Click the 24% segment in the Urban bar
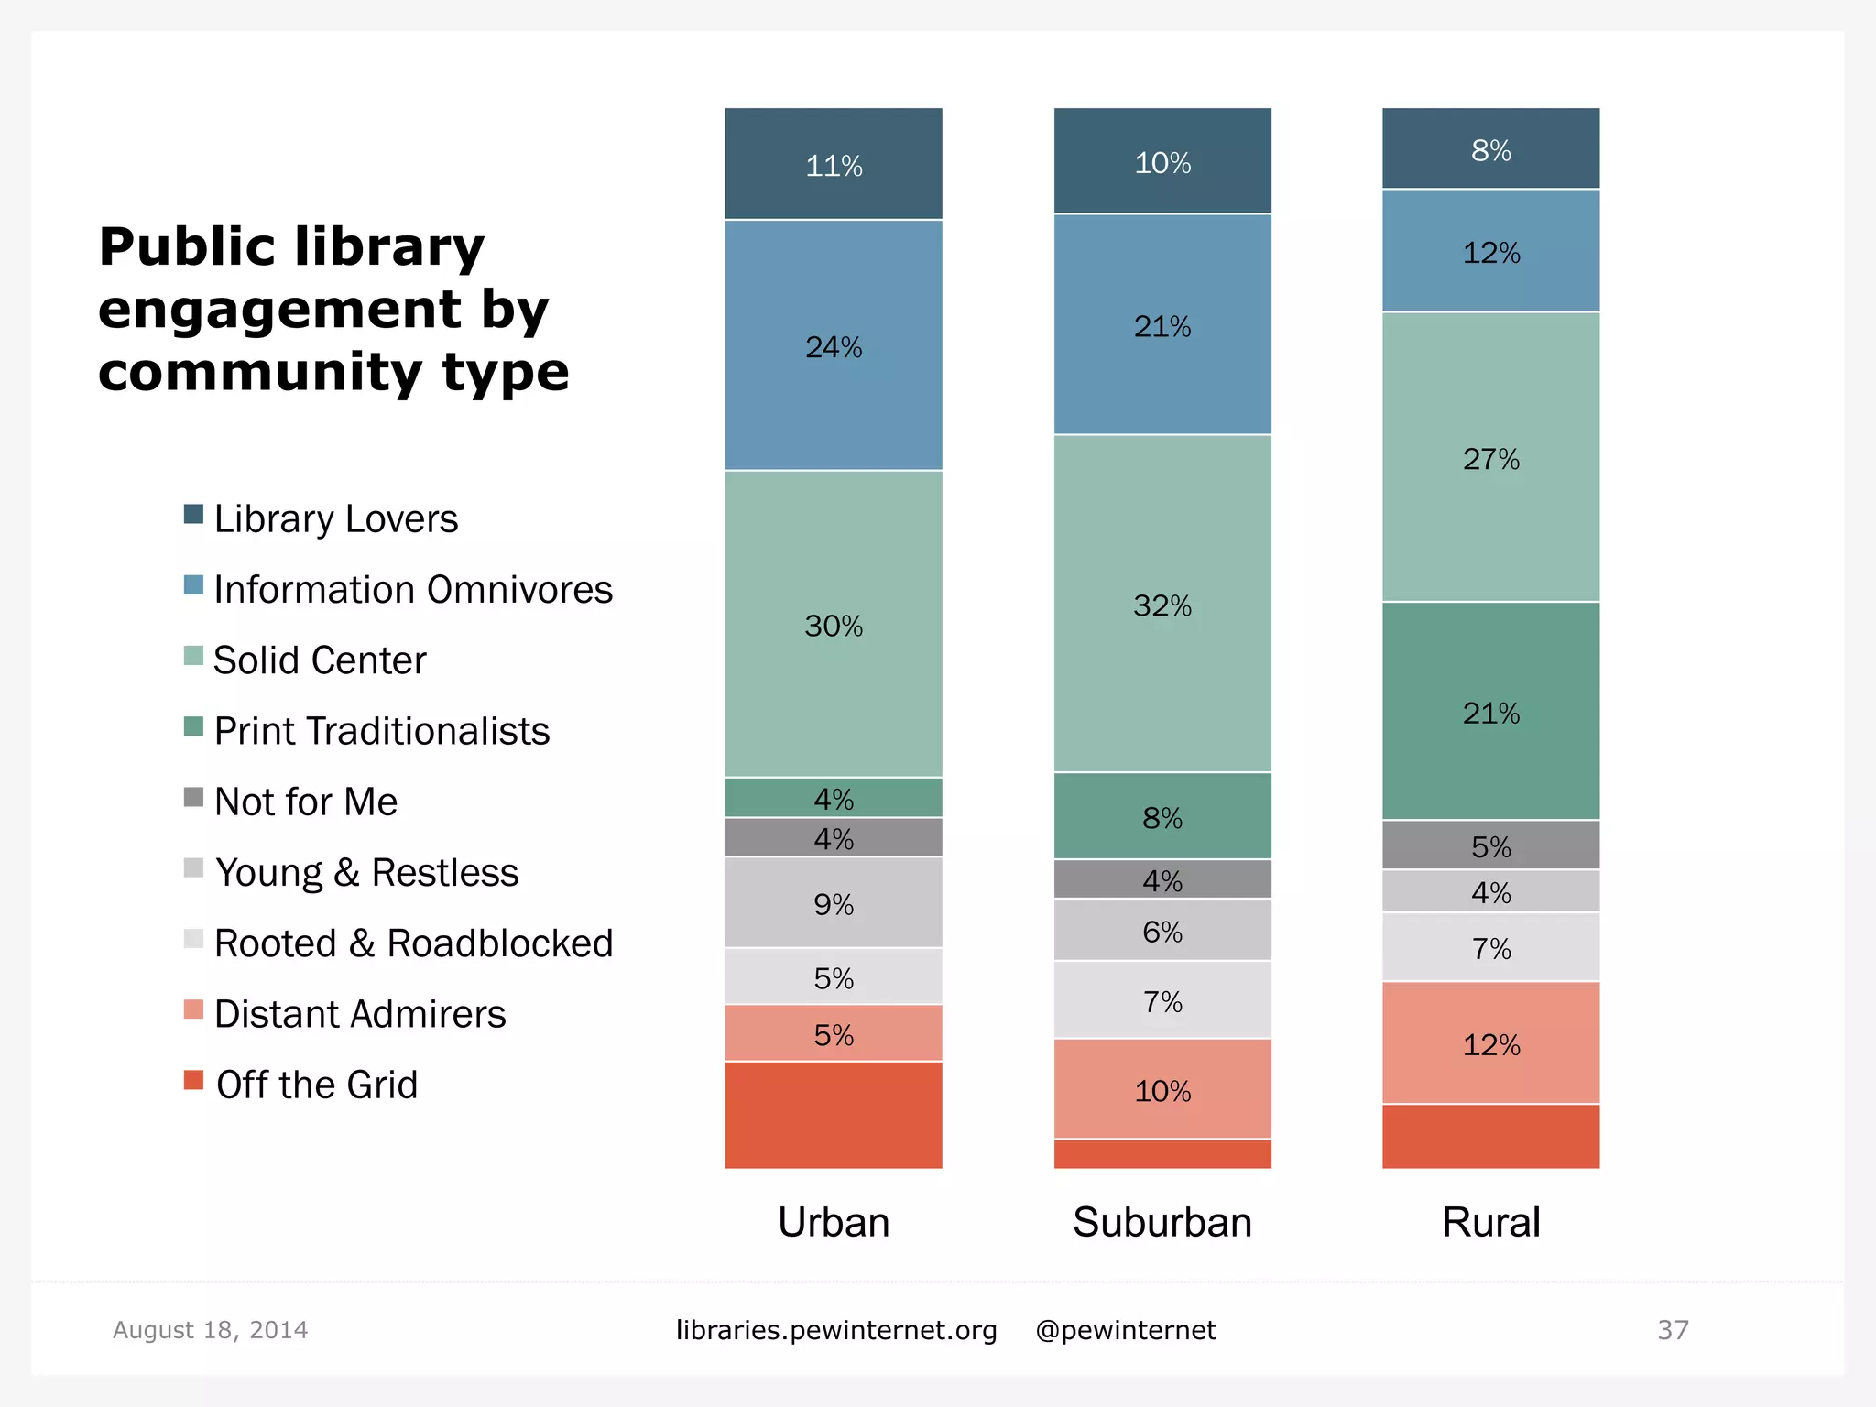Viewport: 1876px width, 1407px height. (x=834, y=345)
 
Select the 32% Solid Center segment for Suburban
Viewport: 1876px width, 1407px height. (x=1162, y=604)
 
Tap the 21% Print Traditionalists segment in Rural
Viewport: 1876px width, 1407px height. (x=1490, y=711)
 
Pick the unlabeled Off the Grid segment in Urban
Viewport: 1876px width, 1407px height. (x=834, y=1115)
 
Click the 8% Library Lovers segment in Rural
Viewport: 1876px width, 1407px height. (x=1490, y=148)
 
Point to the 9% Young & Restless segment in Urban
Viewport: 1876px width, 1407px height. (x=834, y=903)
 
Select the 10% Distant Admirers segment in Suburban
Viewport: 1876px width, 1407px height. (x=1162, y=1089)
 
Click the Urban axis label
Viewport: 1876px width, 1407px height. (x=834, y=1222)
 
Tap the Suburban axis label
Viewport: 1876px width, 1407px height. (x=1162, y=1222)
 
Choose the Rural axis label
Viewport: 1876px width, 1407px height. (x=1490, y=1222)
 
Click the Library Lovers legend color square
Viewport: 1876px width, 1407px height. (x=193, y=514)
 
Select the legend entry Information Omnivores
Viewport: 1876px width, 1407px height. (x=412, y=589)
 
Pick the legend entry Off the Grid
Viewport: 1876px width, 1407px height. (x=316, y=1085)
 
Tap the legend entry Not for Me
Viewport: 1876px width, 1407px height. (x=305, y=802)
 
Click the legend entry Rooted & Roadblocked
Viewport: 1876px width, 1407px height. (x=412, y=943)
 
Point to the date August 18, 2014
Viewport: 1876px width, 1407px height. (x=210, y=1330)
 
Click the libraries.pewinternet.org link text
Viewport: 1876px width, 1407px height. (x=835, y=1330)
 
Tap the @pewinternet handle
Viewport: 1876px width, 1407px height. (x=1125, y=1330)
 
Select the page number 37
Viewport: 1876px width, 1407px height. (x=1673, y=1330)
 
